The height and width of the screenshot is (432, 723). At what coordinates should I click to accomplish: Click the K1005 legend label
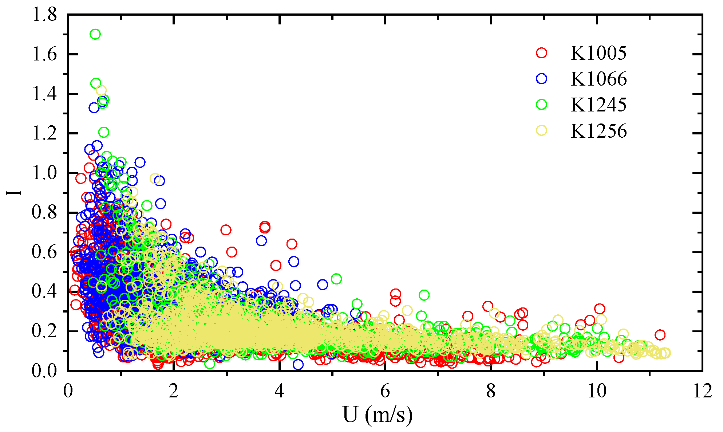coord(598,53)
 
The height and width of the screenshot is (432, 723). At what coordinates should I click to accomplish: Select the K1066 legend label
coord(598,79)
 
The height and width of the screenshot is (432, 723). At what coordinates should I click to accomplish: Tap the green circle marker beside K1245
coord(542,105)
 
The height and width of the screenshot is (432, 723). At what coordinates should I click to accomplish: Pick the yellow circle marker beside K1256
coord(542,130)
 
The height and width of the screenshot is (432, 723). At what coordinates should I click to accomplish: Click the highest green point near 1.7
coord(95,34)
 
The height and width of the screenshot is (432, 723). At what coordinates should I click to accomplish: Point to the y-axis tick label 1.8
coord(44,15)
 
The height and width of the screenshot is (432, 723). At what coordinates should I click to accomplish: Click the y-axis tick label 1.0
coord(44,173)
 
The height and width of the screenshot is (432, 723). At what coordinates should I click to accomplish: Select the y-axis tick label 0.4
coord(44,292)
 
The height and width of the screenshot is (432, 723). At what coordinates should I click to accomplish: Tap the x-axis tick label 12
coord(702,392)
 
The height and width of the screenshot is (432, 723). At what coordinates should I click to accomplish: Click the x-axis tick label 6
coord(385,392)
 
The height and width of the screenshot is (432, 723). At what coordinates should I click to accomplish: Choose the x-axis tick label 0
coord(68,392)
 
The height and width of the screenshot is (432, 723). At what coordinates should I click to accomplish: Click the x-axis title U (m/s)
coord(378,415)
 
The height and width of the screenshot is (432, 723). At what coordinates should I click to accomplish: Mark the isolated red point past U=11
coord(660,335)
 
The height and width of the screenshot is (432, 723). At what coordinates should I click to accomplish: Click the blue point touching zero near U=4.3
coord(298,364)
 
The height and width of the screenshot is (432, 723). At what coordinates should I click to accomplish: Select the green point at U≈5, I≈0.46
coord(336,279)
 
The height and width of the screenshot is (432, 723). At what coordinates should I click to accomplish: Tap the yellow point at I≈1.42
coord(101,90)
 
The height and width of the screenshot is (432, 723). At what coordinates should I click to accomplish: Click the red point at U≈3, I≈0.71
coord(226,230)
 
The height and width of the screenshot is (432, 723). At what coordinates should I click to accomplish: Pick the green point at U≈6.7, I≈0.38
coord(424,295)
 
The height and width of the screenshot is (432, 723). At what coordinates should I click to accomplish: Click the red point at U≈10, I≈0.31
coord(600,309)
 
